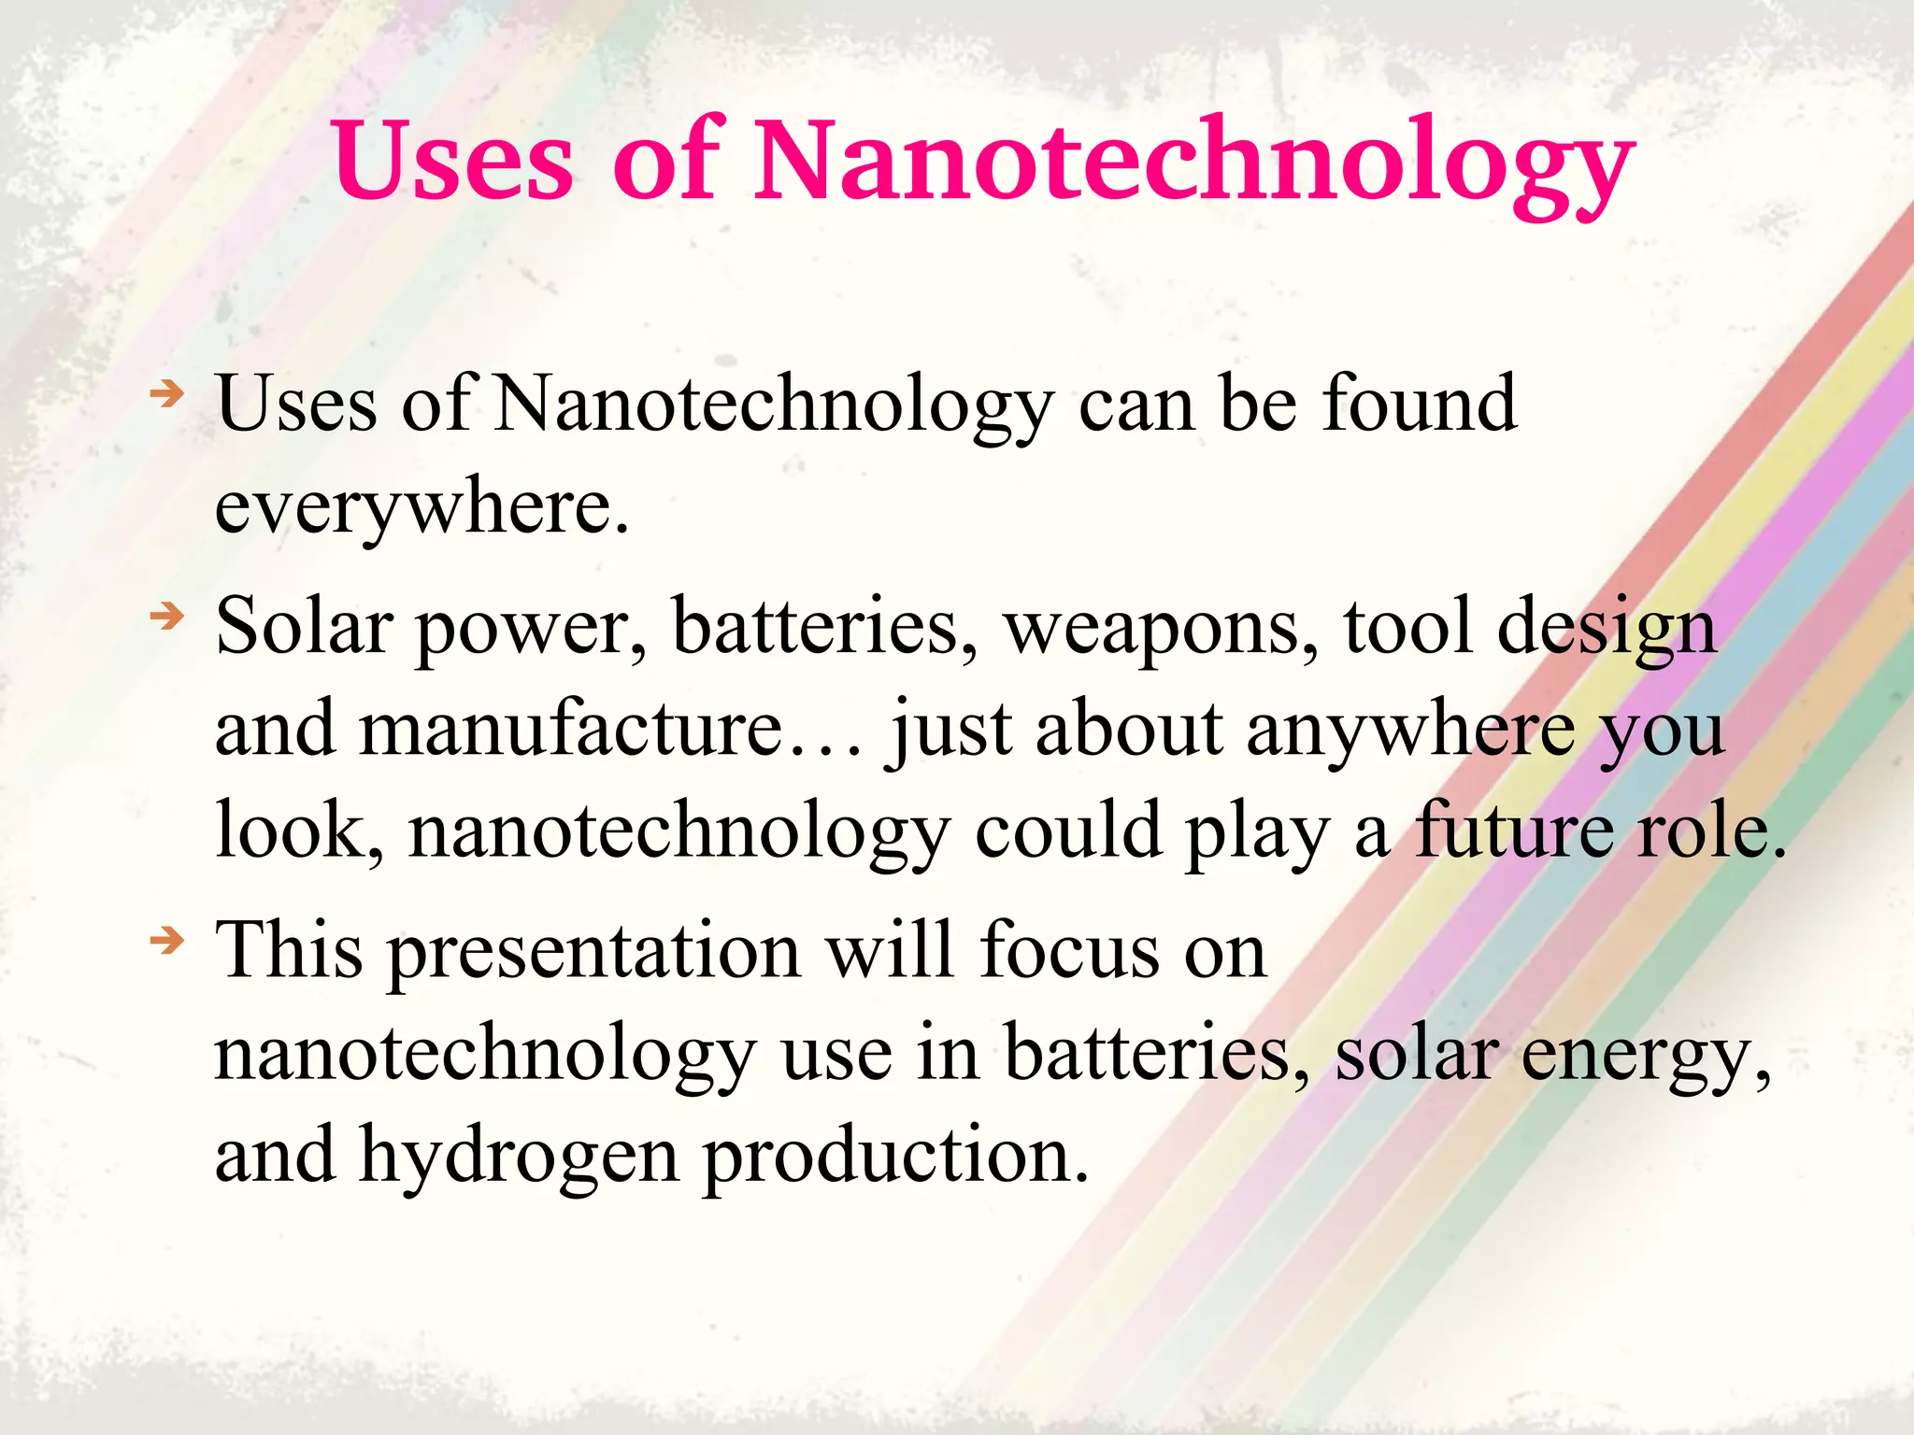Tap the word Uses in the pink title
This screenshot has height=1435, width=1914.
coord(452,161)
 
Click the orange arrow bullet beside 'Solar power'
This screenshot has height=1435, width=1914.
coord(168,617)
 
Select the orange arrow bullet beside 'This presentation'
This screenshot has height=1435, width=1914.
coord(168,940)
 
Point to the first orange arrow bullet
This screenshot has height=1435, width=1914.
coord(168,394)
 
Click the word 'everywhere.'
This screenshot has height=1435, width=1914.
coord(422,509)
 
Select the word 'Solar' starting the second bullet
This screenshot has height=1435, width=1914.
coord(305,626)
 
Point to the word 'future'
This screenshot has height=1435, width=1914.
coord(1513,831)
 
